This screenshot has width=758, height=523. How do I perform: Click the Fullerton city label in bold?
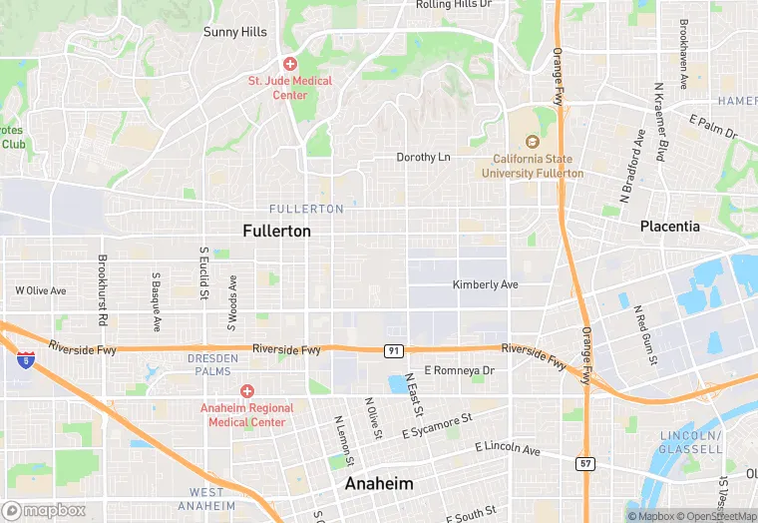tap(276, 231)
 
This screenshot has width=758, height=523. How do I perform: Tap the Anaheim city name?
tap(378, 483)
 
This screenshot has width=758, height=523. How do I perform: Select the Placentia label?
tap(669, 227)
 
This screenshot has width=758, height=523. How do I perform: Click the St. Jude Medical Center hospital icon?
tap(289, 64)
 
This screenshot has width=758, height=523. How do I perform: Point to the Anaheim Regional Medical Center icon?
tap(246, 391)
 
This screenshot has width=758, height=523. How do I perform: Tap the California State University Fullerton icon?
tap(532, 143)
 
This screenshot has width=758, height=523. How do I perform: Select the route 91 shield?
tap(395, 351)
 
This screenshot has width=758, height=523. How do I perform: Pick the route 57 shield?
tap(585, 463)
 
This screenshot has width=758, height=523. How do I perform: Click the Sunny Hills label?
tap(235, 32)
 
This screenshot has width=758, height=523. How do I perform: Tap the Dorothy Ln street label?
tap(424, 158)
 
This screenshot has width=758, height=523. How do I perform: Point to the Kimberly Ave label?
tap(486, 284)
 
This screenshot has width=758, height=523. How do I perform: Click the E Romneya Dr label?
tap(459, 370)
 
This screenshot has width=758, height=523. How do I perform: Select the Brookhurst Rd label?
tap(102, 291)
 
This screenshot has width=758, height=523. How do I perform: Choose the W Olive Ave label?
tap(40, 290)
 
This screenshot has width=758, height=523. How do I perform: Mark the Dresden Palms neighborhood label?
tap(213, 364)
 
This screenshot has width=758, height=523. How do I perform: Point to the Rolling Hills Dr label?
tap(454, 5)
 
